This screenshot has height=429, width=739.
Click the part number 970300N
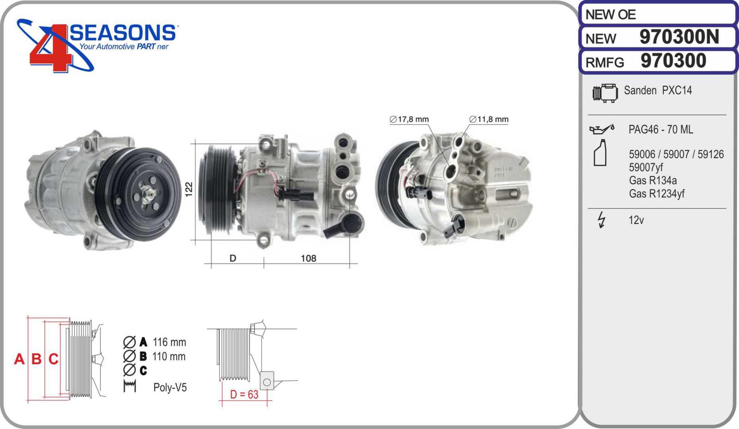click(x=679, y=36)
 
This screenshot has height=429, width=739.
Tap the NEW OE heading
click(x=610, y=14)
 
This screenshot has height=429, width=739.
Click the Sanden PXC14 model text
click(x=658, y=91)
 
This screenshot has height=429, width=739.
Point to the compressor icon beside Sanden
click(x=605, y=93)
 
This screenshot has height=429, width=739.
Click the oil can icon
click(x=602, y=129)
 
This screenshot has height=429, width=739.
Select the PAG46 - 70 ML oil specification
click(x=660, y=130)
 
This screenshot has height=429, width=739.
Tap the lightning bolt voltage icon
click(x=602, y=220)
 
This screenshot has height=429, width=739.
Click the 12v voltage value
click(x=636, y=220)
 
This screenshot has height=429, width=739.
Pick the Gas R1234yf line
click(x=656, y=193)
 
